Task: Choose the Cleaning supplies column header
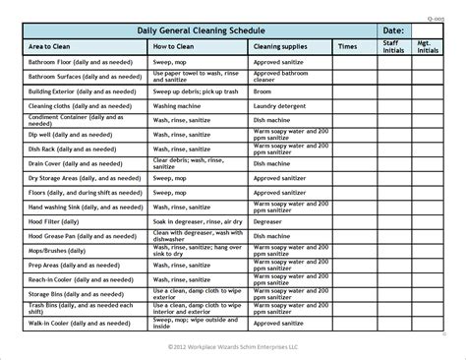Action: (262, 46)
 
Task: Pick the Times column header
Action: (347, 46)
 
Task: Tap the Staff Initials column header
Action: (390, 46)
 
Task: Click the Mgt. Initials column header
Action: (428, 46)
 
